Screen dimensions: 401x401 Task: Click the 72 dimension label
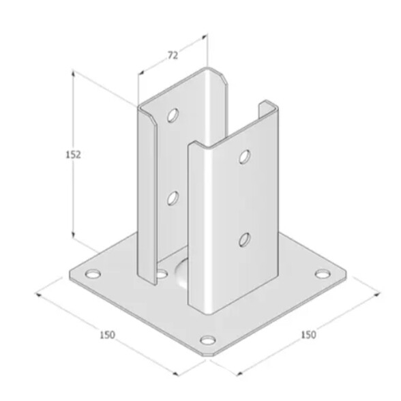(x=173, y=55)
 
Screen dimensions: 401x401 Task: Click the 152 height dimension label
(x=74, y=154)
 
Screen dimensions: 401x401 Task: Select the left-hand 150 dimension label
(x=108, y=335)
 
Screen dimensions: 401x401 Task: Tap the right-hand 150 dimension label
(x=309, y=334)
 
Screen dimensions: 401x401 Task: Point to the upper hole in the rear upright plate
(x=173, y=115)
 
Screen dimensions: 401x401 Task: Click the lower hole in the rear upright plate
(x=173, y=198)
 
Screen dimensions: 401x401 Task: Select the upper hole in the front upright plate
(x=245, y=157)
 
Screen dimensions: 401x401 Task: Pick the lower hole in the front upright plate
(x=244, y=239)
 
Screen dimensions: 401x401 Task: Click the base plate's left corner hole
(x=93, y=274)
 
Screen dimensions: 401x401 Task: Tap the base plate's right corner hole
(x=322, y=274)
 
